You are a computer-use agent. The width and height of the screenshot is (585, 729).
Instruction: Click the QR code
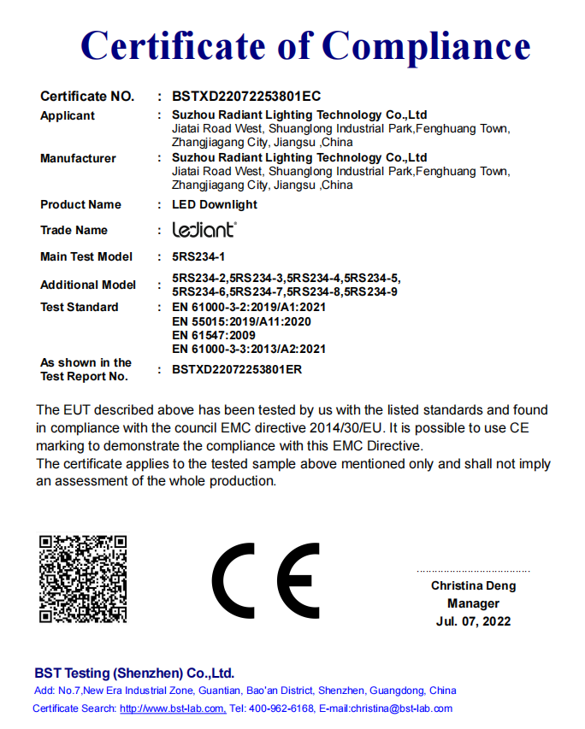[83, 579]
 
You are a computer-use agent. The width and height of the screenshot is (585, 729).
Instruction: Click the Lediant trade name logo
[204, 230]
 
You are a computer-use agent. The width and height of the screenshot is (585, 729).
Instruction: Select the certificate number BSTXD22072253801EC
[246, 97]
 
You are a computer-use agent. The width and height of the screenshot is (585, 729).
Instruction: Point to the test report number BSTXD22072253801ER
[237, 370]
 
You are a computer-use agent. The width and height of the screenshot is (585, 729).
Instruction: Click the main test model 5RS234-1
[198, 256]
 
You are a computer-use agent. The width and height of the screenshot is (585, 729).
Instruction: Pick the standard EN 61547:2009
[214, 336]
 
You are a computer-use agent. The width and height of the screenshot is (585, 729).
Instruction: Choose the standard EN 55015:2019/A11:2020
[241, 321]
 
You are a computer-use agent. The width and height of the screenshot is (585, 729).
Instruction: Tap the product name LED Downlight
[215, 204]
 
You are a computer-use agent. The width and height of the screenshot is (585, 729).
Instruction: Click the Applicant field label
[68, 115]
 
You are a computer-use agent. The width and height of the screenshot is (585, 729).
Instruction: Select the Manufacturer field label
[78, 158]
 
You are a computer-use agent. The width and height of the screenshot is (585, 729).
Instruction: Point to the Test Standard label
[80, 307]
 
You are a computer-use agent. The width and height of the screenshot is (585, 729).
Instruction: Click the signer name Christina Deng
[473, 586]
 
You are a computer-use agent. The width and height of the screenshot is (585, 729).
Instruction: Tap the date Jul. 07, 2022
[473, 621]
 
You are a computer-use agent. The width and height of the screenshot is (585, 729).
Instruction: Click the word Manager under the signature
[473, 603]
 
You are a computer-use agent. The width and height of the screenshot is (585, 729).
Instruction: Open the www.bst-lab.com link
[173, 708]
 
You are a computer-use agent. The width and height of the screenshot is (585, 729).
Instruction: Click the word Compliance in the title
[426, 44]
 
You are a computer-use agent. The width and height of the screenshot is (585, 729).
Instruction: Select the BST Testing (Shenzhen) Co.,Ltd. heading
[134, 673]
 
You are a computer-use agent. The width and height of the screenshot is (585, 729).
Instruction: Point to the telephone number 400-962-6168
[281, 708]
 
